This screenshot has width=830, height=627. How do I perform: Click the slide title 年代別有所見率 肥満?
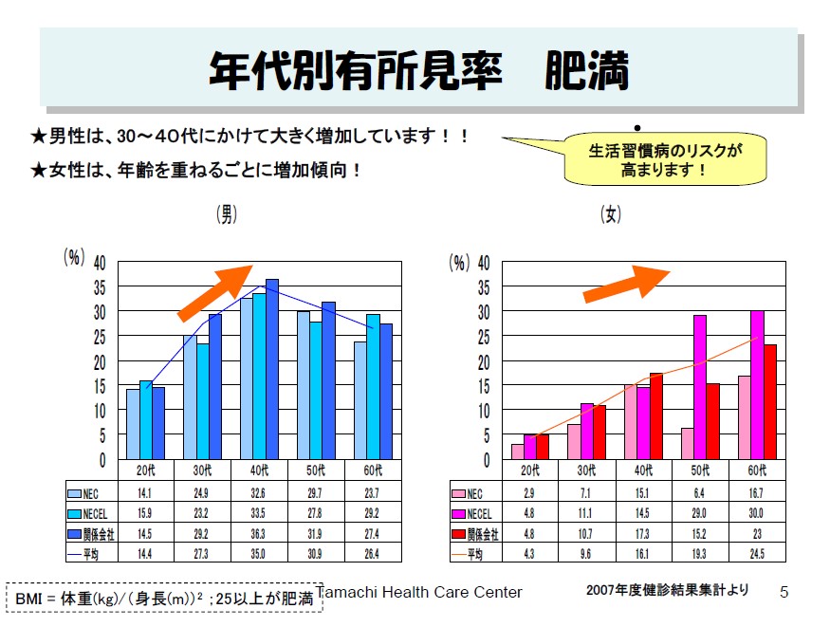point(418,70)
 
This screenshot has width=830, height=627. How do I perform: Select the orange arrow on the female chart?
point(625,284)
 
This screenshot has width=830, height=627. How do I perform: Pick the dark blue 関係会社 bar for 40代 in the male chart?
point(272,370)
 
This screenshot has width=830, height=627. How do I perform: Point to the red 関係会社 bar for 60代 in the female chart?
point(770,401)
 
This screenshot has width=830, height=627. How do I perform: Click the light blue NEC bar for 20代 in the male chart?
point(133,424)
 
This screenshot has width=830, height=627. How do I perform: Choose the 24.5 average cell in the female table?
point(756,553)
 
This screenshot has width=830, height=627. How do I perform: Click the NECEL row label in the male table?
point(93,513)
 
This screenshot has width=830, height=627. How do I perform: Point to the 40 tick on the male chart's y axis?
point(100,263)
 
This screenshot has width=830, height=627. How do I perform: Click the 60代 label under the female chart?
point(756,470)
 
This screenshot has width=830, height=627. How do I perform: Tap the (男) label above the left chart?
point(227,215)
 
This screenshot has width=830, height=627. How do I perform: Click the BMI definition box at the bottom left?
point(164,599)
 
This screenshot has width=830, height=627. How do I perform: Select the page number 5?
point(784,593)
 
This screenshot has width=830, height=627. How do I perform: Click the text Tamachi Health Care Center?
point(419,593)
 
